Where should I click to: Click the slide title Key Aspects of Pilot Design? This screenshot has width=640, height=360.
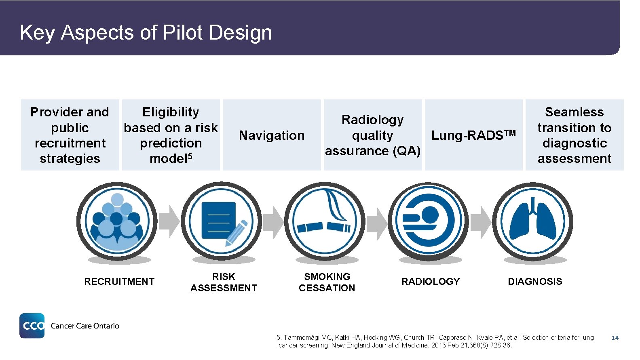(146, 32)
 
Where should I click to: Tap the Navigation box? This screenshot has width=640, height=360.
(272, 135)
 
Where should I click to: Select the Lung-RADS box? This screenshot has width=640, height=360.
(473, 135)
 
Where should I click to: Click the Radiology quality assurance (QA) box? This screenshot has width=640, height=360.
(372, 135)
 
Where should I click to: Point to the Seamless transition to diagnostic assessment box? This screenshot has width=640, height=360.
(574, 135)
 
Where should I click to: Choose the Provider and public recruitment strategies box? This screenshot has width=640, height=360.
(70, 135)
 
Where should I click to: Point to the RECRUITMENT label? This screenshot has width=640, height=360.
(119, 282)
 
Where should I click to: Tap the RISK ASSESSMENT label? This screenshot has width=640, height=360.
(224, 282)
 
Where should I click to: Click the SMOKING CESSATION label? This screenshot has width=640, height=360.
(327, 282)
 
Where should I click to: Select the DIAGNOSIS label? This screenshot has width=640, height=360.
(535, 282)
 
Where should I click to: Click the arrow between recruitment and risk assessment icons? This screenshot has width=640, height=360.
(169, 221)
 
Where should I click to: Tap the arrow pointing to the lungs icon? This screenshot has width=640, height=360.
(481, 221)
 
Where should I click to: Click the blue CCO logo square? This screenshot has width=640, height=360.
(32, 326)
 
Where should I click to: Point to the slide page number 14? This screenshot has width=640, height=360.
(615, 338)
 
